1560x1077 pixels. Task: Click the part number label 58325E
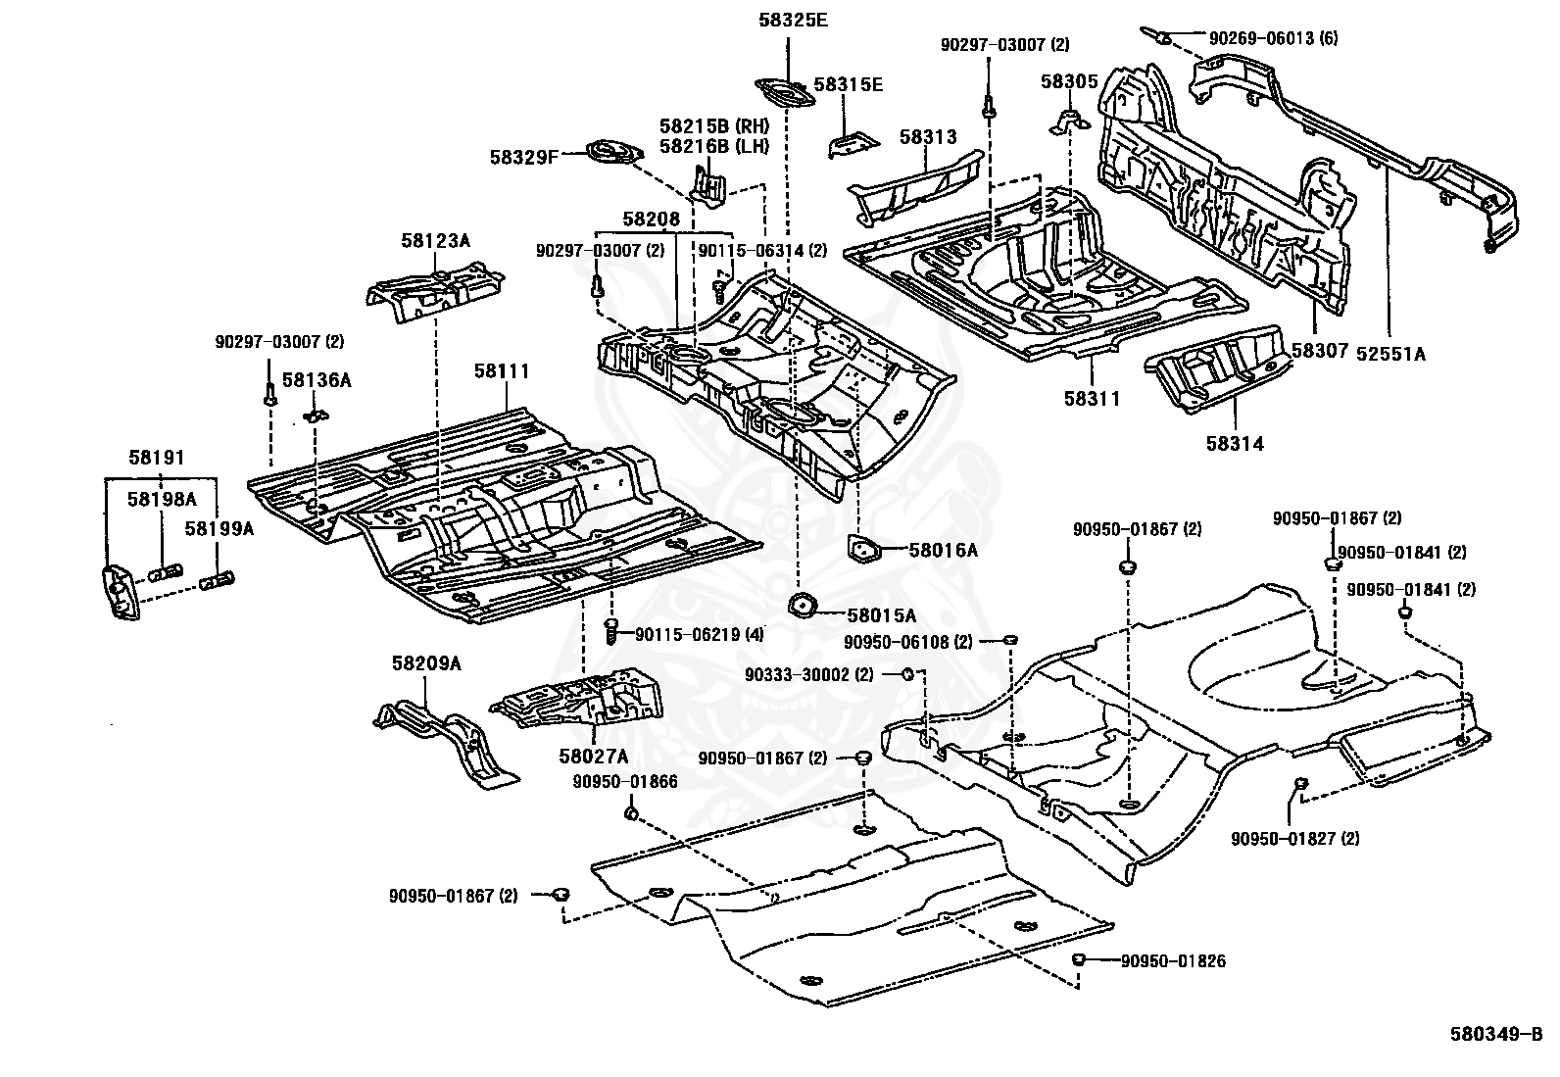pos(794,21)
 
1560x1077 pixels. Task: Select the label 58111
pos(502,370)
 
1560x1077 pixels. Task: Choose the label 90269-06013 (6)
pos(1274,38)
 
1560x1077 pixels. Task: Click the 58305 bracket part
pos(1069,122)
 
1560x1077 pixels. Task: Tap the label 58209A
pos(426,663)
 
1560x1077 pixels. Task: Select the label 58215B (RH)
pos(714,126)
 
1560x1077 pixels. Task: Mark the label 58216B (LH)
pos(714,146)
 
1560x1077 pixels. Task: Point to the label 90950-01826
pos(1173,961)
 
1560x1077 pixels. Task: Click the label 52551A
pos(1390,354)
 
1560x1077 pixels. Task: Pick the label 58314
pos(1235,444)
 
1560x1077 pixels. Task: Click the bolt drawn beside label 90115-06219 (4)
pos(610,630)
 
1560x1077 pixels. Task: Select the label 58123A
pos(435,241)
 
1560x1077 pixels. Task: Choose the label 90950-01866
pos(625,782)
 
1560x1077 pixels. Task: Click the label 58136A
pos(317,379)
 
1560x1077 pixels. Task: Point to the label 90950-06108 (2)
pos(908,642)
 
